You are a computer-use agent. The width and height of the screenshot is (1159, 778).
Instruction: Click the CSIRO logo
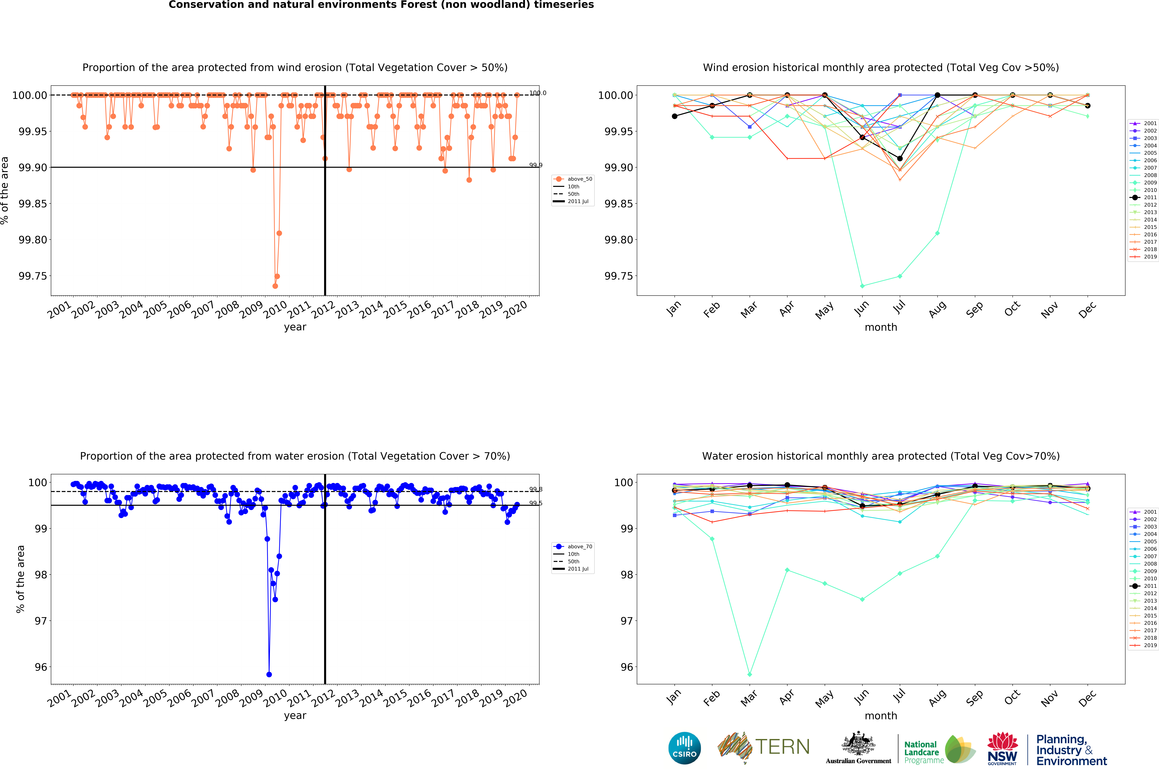(684, 748)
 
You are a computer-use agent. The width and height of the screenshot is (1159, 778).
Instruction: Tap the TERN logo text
(782, 747)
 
